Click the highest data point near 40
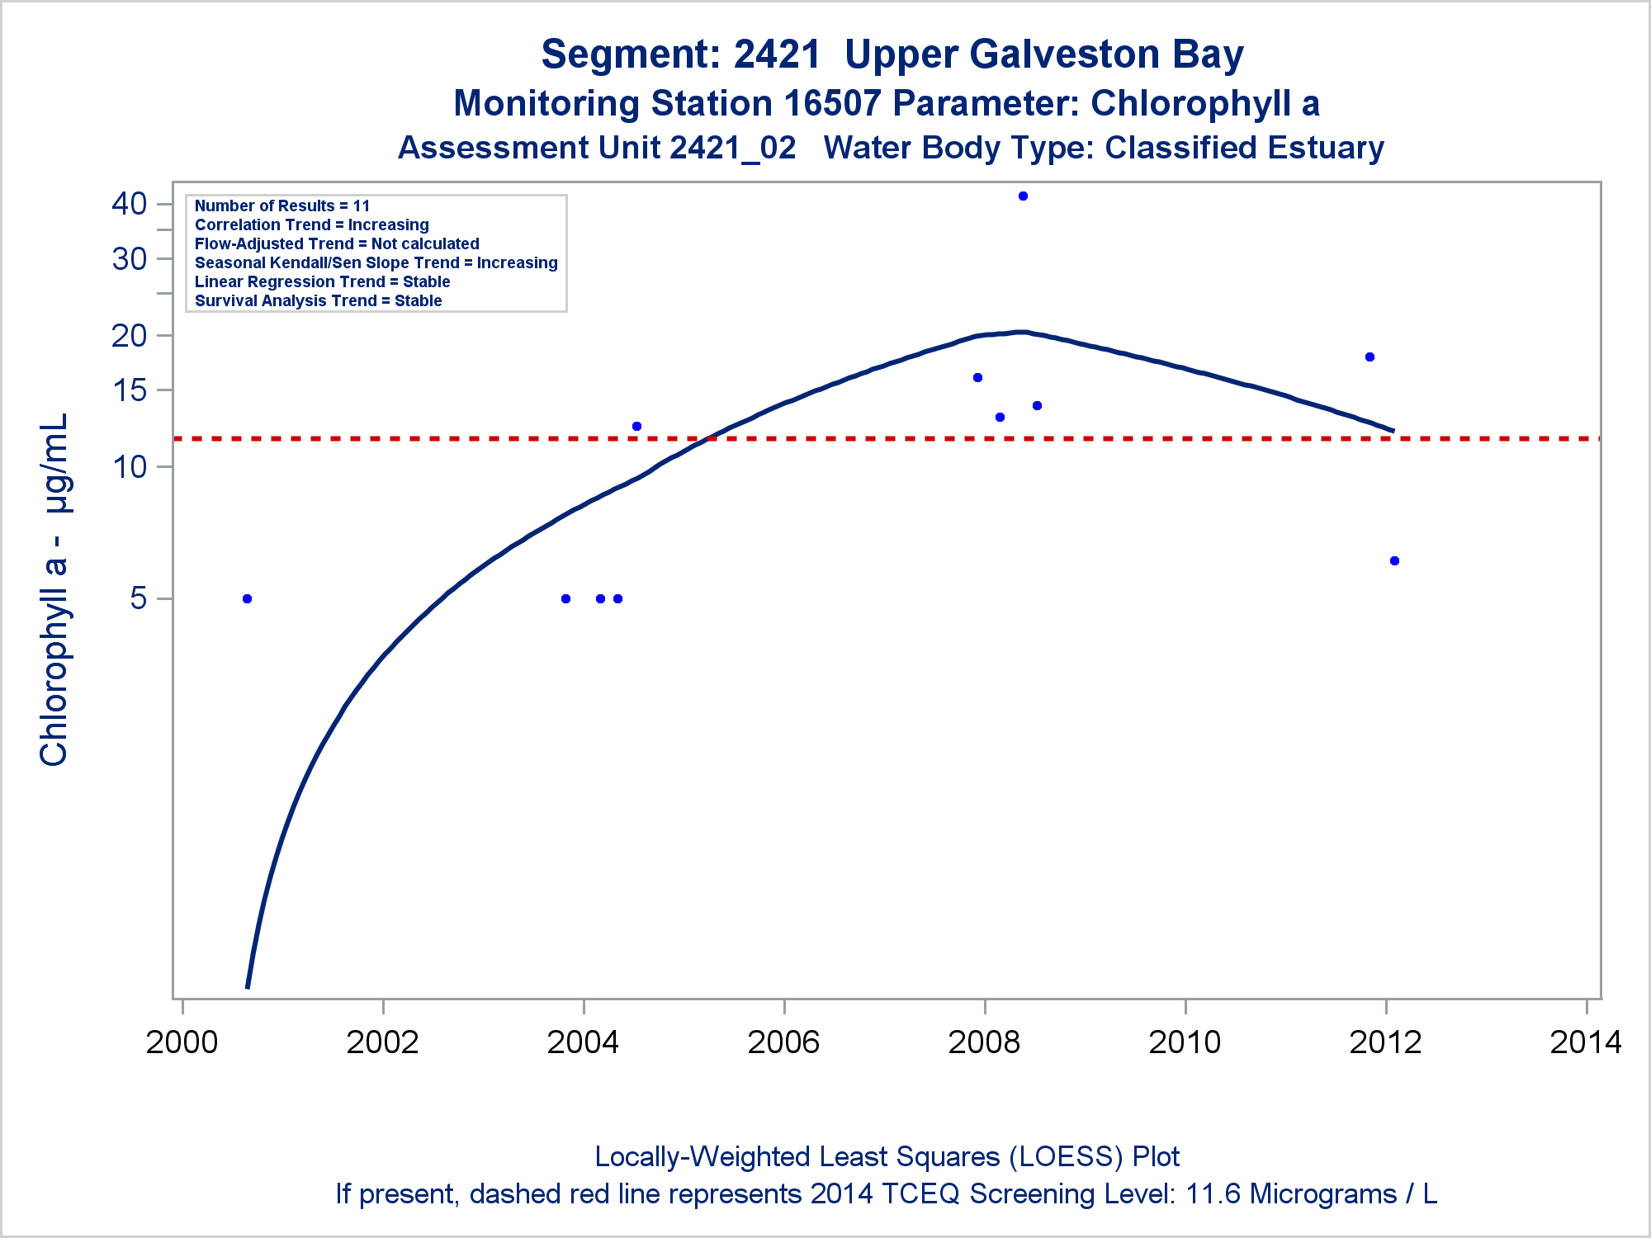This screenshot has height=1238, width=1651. (1023, 196)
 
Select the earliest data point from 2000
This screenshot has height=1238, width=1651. (247, 598)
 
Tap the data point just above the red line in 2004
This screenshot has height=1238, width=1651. (636, 426)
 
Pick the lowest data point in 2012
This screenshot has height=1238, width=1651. (1394, 561)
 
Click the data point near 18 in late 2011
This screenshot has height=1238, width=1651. (1370, 357)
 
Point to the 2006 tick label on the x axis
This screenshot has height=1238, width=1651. (783, 1042)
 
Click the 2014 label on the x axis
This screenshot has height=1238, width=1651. (1586, 1042)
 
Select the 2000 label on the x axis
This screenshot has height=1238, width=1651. (182, 1042)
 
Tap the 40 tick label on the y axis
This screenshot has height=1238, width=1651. (129, 204)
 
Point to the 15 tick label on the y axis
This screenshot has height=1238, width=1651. (129, 390)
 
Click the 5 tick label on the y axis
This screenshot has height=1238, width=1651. (138, 598)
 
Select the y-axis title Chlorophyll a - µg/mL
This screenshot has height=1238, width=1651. (54, 590)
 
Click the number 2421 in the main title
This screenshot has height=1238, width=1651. (777, 54)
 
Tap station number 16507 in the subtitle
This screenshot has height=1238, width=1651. (833, 104)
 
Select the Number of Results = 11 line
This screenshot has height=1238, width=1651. (282, 206)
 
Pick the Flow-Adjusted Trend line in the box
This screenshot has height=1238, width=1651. (337, 243)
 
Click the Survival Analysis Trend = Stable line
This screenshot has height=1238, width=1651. (318, 300)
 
